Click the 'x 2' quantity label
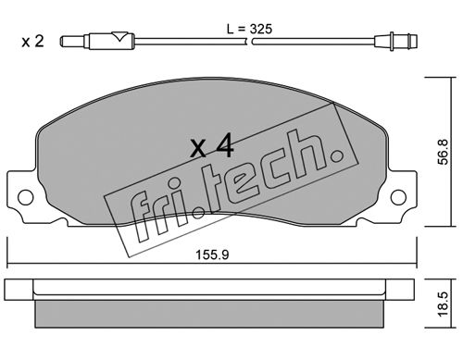click(32, 42)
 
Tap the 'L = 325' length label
click(249, 29)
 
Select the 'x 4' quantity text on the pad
click(212, 147)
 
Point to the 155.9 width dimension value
click(212, 254)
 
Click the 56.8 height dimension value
click(443, 152)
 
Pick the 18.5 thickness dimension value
click(443, 304)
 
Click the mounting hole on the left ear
click(26, 197)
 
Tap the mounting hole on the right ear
click(398, 197)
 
